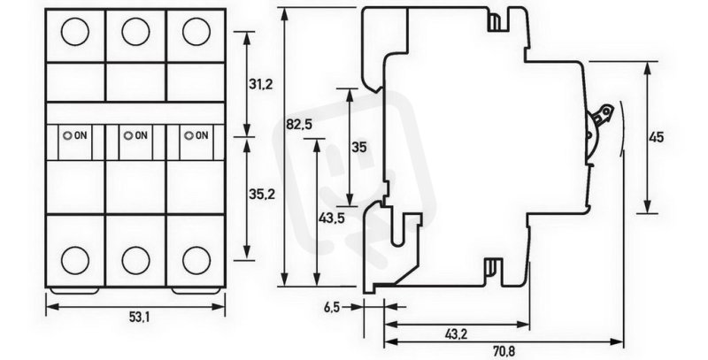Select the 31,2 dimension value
(260, 84)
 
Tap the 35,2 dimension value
(262, 194)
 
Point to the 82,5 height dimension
(298, 125)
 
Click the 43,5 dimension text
(331, 218)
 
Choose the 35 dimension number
(360, 148)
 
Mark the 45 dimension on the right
(656, 137)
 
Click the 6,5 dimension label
(331, 308)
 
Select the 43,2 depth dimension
(456, 334)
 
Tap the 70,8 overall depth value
(504, 350)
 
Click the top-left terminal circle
(75, 32)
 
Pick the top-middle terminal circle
(135, 32)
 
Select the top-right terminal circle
(196, 32)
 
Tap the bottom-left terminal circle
(75, 260)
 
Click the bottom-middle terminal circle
(135, 260)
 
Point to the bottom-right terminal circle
(196, 260)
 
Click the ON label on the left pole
(80, 135)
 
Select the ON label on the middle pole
(141, 135)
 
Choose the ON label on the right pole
(202, 135)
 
